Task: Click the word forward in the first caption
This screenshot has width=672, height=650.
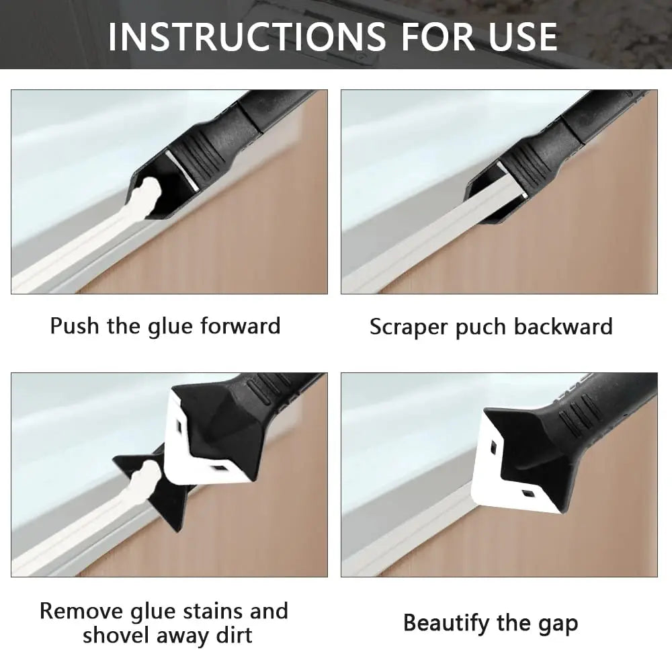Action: [x=241, y=327]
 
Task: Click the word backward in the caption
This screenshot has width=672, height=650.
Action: [x=563, y=327]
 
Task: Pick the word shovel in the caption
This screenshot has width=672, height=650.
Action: [x=118, y=635]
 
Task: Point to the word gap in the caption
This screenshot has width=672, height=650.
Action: [x=557, y=624]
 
